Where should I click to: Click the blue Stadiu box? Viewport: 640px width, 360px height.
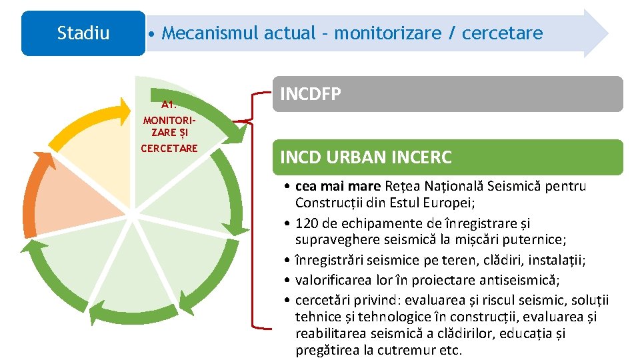coord(83,33)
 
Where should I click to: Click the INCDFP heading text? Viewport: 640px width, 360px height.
coord(311,94)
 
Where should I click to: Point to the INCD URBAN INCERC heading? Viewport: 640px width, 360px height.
coord(366,157)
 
